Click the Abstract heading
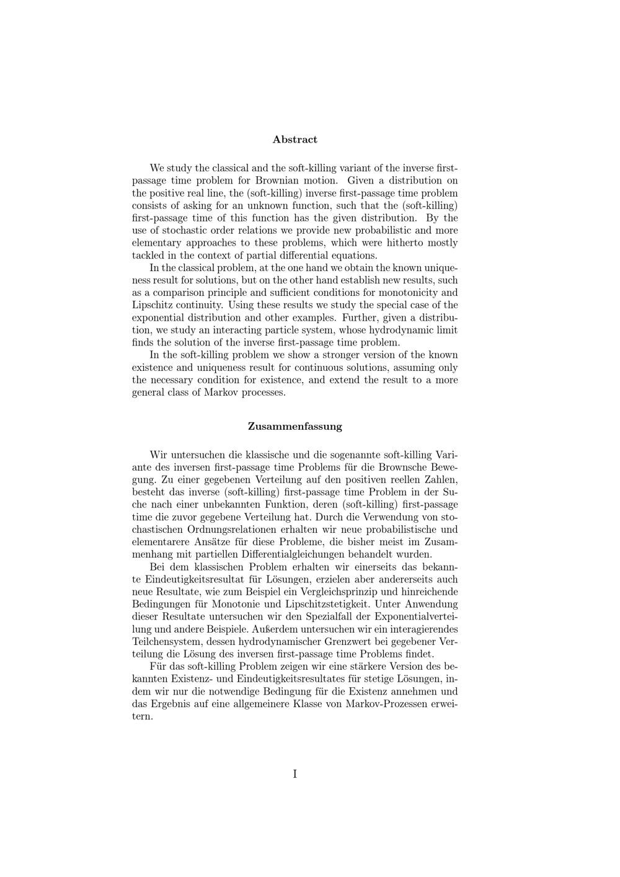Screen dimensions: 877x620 coord(294,140)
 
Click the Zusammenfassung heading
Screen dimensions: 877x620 coord(294,427)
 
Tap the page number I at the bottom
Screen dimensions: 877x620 coord(294,773)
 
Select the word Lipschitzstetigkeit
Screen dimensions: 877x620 coord(331,604)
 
